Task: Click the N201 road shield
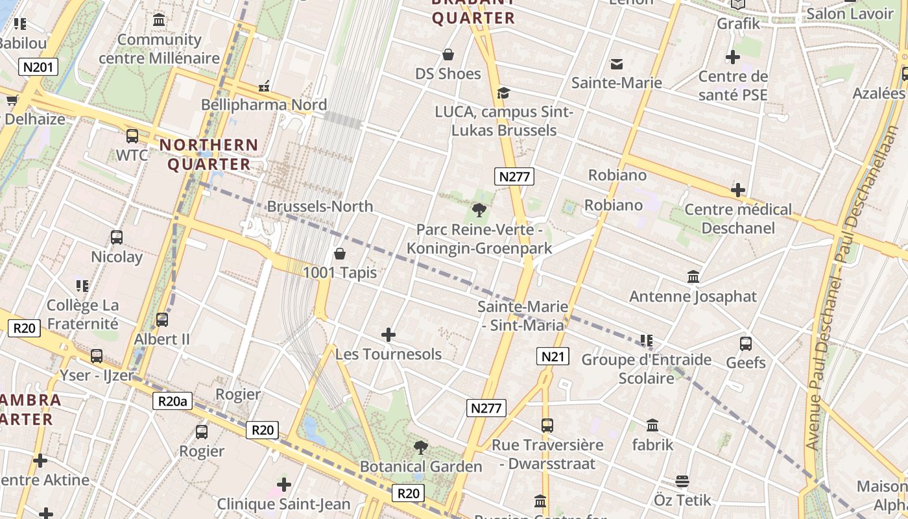(40, 66)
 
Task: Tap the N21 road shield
(553, 356)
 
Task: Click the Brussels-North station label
(320, 206)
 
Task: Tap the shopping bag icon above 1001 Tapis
(339, 253)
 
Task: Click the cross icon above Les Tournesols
(388, 335)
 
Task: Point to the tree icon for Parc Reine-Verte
(479, 210)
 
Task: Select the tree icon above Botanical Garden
(421, 447)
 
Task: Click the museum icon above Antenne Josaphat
(693, 277)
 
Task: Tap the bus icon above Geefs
(746, 343)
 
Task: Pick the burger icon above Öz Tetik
(682, 481)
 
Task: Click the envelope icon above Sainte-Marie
(616, 64)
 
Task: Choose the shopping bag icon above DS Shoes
(448, 54)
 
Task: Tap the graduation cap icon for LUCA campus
(503, 93)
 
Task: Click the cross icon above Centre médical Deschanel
(737, 190)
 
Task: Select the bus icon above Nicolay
(117, 237)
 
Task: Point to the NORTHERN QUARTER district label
(209, 154)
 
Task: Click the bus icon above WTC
(132, 136)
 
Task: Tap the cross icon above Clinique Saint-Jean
(283, 484)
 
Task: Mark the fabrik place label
(652, 445)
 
